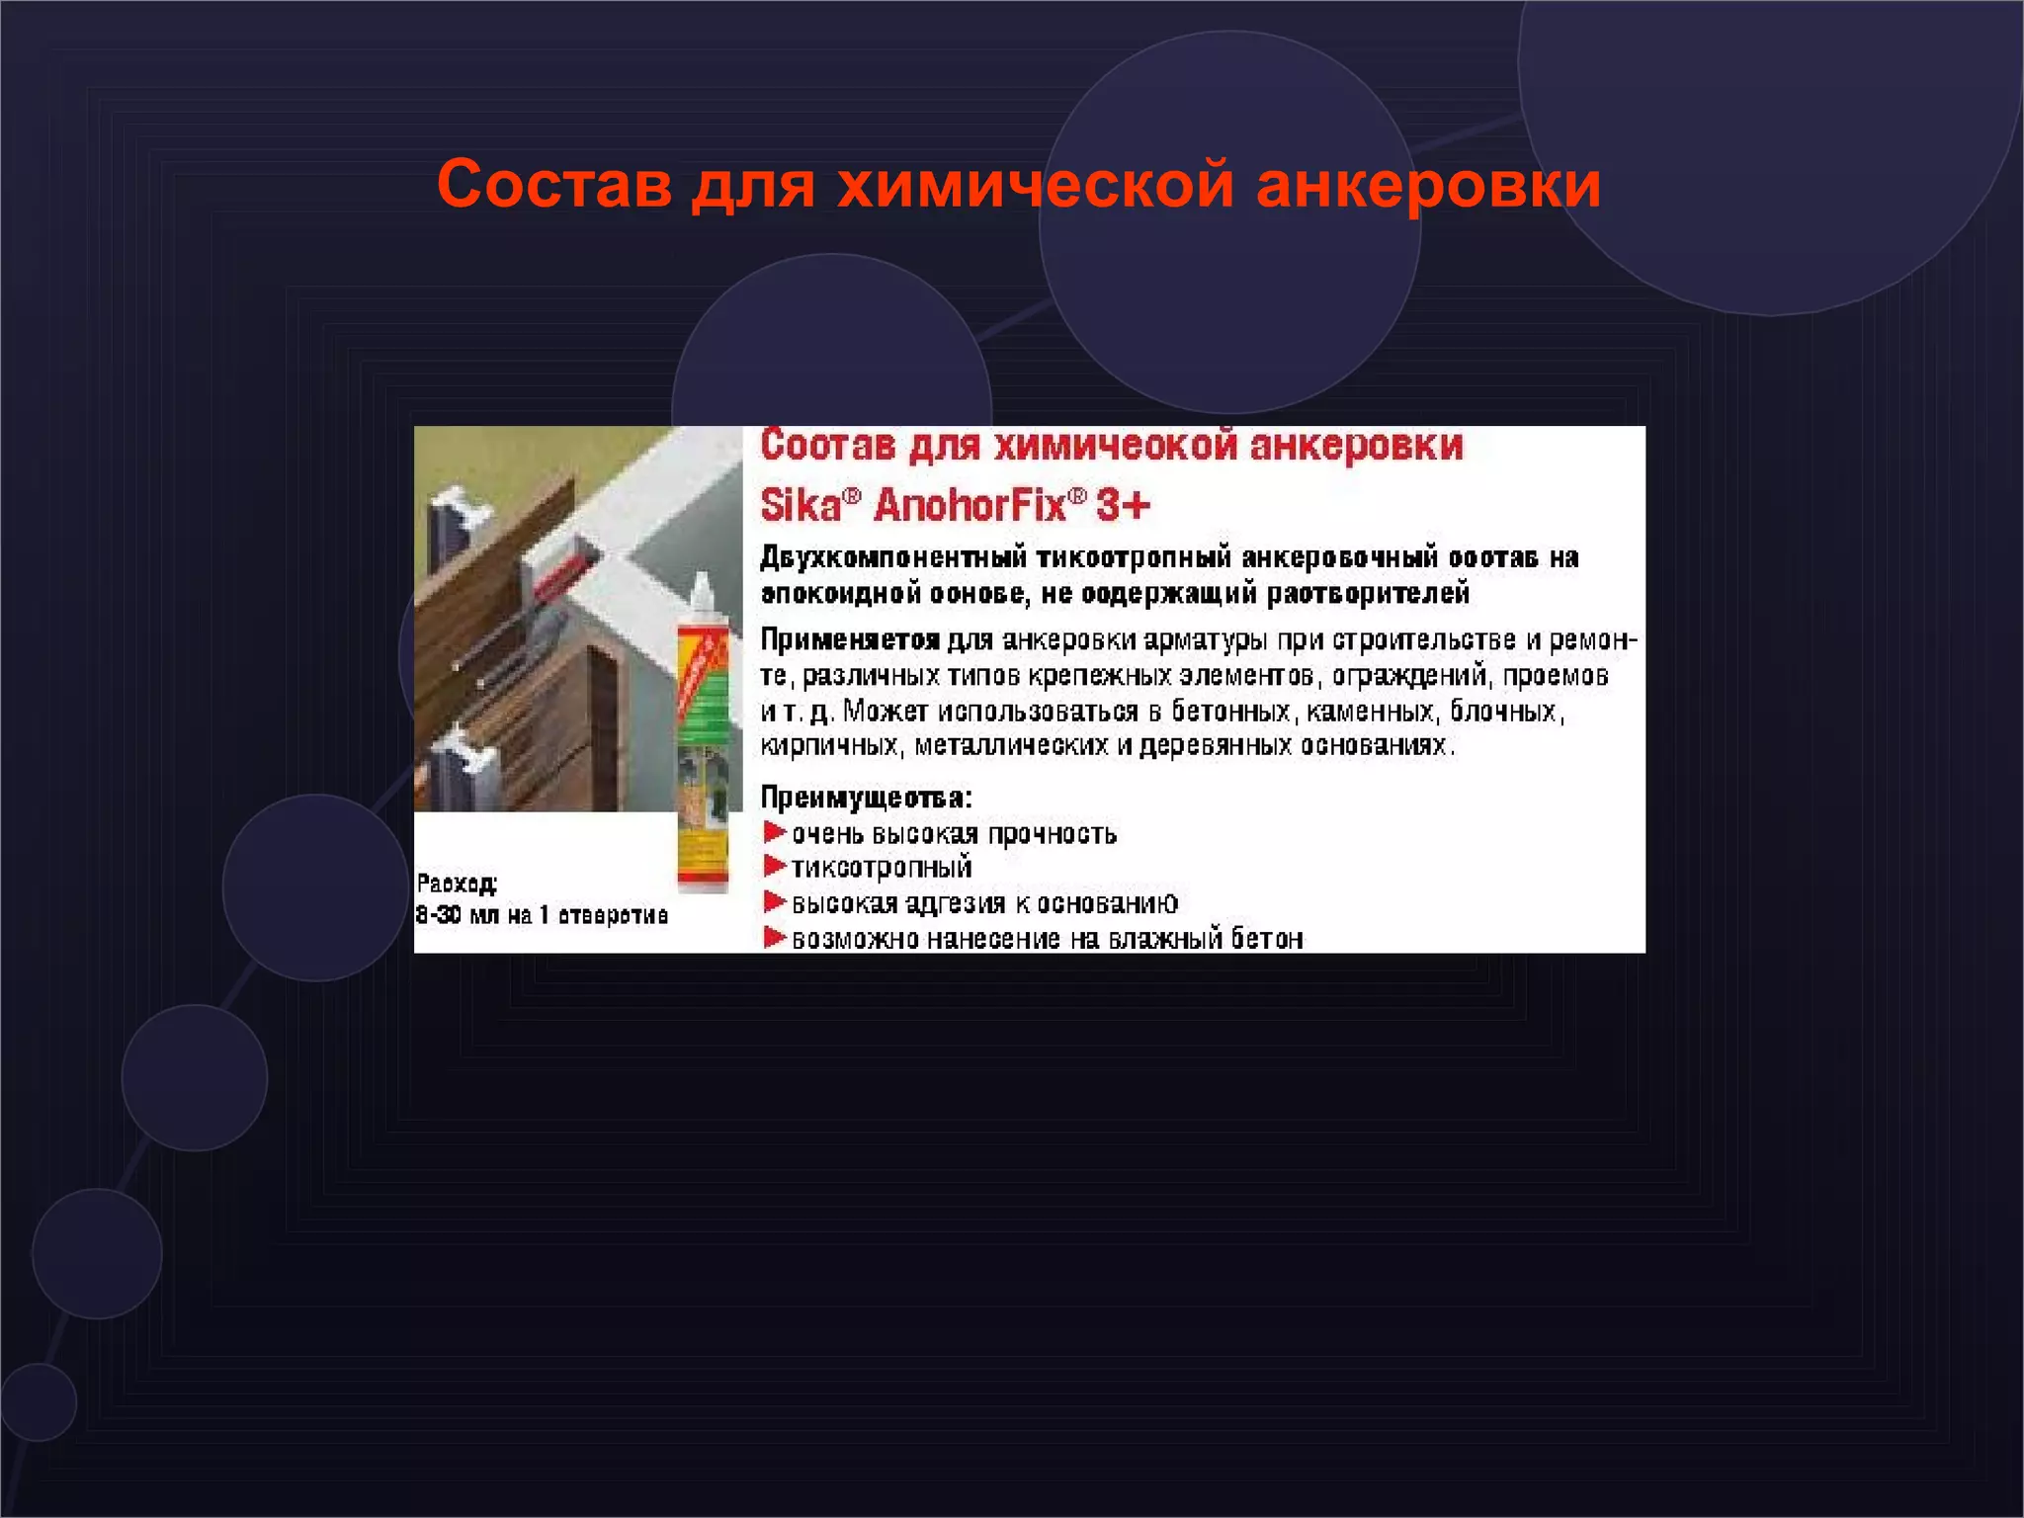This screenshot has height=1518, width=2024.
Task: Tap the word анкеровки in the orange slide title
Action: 1427,184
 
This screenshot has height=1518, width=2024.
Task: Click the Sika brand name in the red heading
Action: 801,506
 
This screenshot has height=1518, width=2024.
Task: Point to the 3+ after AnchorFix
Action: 1123,506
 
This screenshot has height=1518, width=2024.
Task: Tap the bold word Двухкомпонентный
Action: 895,558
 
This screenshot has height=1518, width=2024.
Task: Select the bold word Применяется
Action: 849,640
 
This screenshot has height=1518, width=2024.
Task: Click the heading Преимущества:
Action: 866,798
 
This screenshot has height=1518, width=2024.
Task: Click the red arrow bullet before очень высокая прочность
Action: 774,832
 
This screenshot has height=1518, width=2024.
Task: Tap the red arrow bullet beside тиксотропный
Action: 774,867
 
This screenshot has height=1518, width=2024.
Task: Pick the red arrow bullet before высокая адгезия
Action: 774,902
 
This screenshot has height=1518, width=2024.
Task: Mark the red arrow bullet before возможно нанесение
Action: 774,938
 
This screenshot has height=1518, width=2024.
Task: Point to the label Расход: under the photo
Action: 457,883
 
